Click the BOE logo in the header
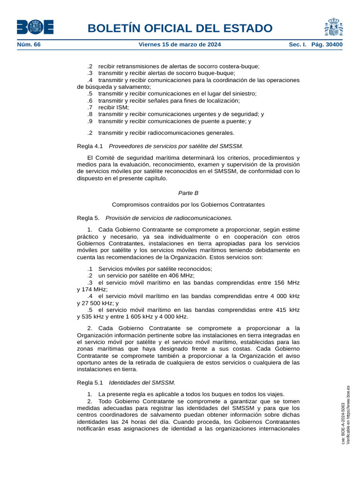click(x=35, y=27)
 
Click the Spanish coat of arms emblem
click(x=333, y=27)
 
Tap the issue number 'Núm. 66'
click(x=29, y=45)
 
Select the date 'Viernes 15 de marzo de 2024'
click(x=180, y=45)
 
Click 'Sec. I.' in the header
click(x=298, y=45)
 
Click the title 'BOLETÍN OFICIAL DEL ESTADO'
click(x=180, y=28)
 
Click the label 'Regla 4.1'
click(x=90, y=146)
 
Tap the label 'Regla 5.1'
click(x=90, y=382)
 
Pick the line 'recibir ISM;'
click(x=113, y=107)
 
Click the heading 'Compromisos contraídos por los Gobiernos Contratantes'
click(x=188, y=205)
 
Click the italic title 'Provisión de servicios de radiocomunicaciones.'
click(x=169, y=218)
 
